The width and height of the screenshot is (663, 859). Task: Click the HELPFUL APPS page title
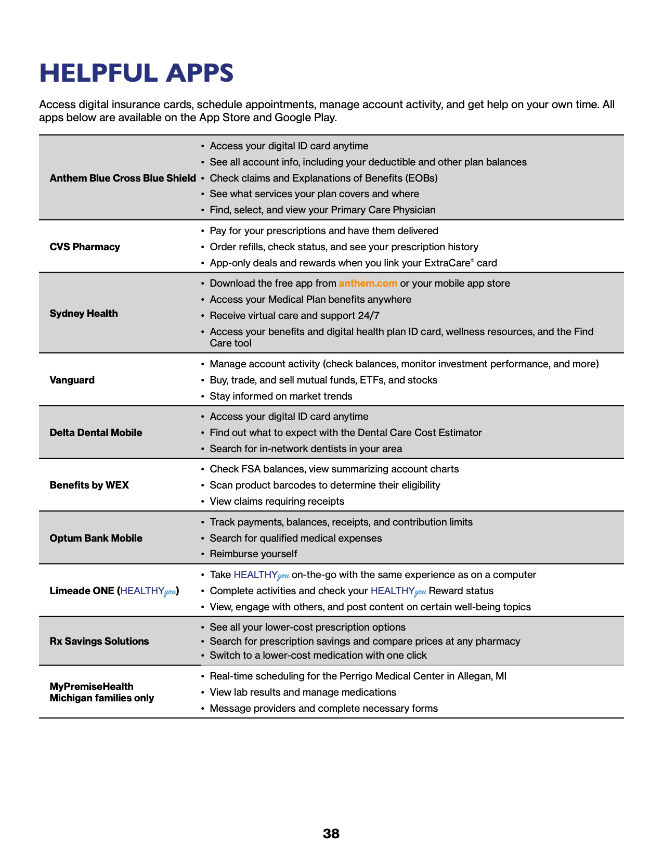[136, 73]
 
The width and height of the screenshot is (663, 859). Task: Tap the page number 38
[331, 834]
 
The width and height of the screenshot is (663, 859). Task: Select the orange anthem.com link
[368, 284]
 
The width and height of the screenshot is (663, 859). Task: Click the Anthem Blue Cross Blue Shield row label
[123, 178]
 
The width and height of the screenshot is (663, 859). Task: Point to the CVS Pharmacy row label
[85, 247]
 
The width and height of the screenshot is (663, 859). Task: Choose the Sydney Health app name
[84, 313]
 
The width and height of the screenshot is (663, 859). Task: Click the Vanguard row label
[72, 380]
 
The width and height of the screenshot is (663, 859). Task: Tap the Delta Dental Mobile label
[96, 432]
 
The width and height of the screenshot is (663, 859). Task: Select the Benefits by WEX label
[89, 485]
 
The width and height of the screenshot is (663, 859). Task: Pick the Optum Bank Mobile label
[96, 538]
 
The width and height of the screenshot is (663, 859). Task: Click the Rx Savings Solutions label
[99, 641]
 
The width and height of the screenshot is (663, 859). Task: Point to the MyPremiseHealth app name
[92, 686]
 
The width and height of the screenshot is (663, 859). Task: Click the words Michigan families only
[102, 698]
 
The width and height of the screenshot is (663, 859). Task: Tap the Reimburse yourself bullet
[253, 554]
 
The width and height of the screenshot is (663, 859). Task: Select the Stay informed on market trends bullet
[281, 396]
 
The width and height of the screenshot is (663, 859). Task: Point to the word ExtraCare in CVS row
[447, 263]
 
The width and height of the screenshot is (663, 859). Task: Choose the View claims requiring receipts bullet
[277, 501]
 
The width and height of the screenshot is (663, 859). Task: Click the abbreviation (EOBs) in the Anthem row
[421, 178]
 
